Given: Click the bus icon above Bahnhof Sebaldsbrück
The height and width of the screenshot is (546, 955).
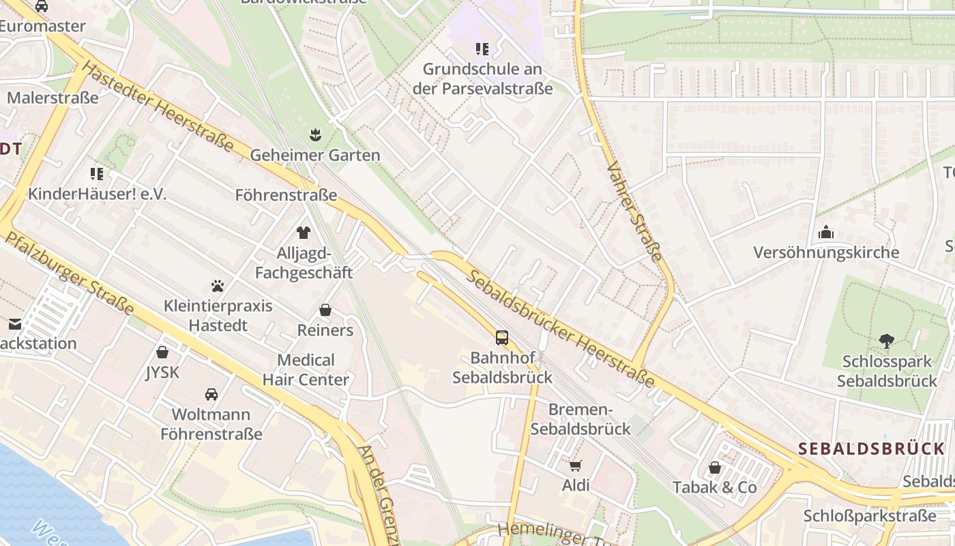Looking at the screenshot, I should tap(502, 337).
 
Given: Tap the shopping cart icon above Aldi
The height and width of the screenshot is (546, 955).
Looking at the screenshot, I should tap(576, 465).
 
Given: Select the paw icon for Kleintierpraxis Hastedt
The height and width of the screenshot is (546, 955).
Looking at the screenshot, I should tap(218, 285).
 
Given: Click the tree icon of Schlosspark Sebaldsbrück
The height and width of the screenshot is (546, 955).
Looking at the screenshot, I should tap(886, 341).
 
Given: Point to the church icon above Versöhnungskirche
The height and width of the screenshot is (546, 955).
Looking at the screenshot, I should tap(826, 232).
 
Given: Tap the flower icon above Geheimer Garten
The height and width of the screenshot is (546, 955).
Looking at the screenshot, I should tap(314, 134).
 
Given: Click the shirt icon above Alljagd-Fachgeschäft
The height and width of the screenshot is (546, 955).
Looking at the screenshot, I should tap(304, 233).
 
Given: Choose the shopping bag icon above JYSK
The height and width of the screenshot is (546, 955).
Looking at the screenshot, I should tap(162, 352).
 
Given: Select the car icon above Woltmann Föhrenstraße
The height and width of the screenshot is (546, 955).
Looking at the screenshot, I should tap(211, 394).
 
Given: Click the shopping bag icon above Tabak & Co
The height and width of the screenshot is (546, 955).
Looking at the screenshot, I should tap(715, 468).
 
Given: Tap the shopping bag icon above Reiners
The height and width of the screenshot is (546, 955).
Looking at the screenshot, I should tap(325, 310).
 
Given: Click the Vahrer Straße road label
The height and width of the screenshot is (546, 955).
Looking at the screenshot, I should tap(634, 212).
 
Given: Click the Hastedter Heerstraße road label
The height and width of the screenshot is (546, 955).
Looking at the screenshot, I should tap(160, 109).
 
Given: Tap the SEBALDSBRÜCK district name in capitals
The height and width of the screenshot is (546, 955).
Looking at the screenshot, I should tap(871, 449).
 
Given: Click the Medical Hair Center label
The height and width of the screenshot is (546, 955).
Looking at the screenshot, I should tap(306, 370).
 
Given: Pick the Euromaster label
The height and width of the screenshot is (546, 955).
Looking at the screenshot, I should tap(42, 26).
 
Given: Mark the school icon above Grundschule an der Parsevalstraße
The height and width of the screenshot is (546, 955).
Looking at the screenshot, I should tap(482, 49).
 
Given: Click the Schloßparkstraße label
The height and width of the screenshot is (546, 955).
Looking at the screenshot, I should tap(870, 515).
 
